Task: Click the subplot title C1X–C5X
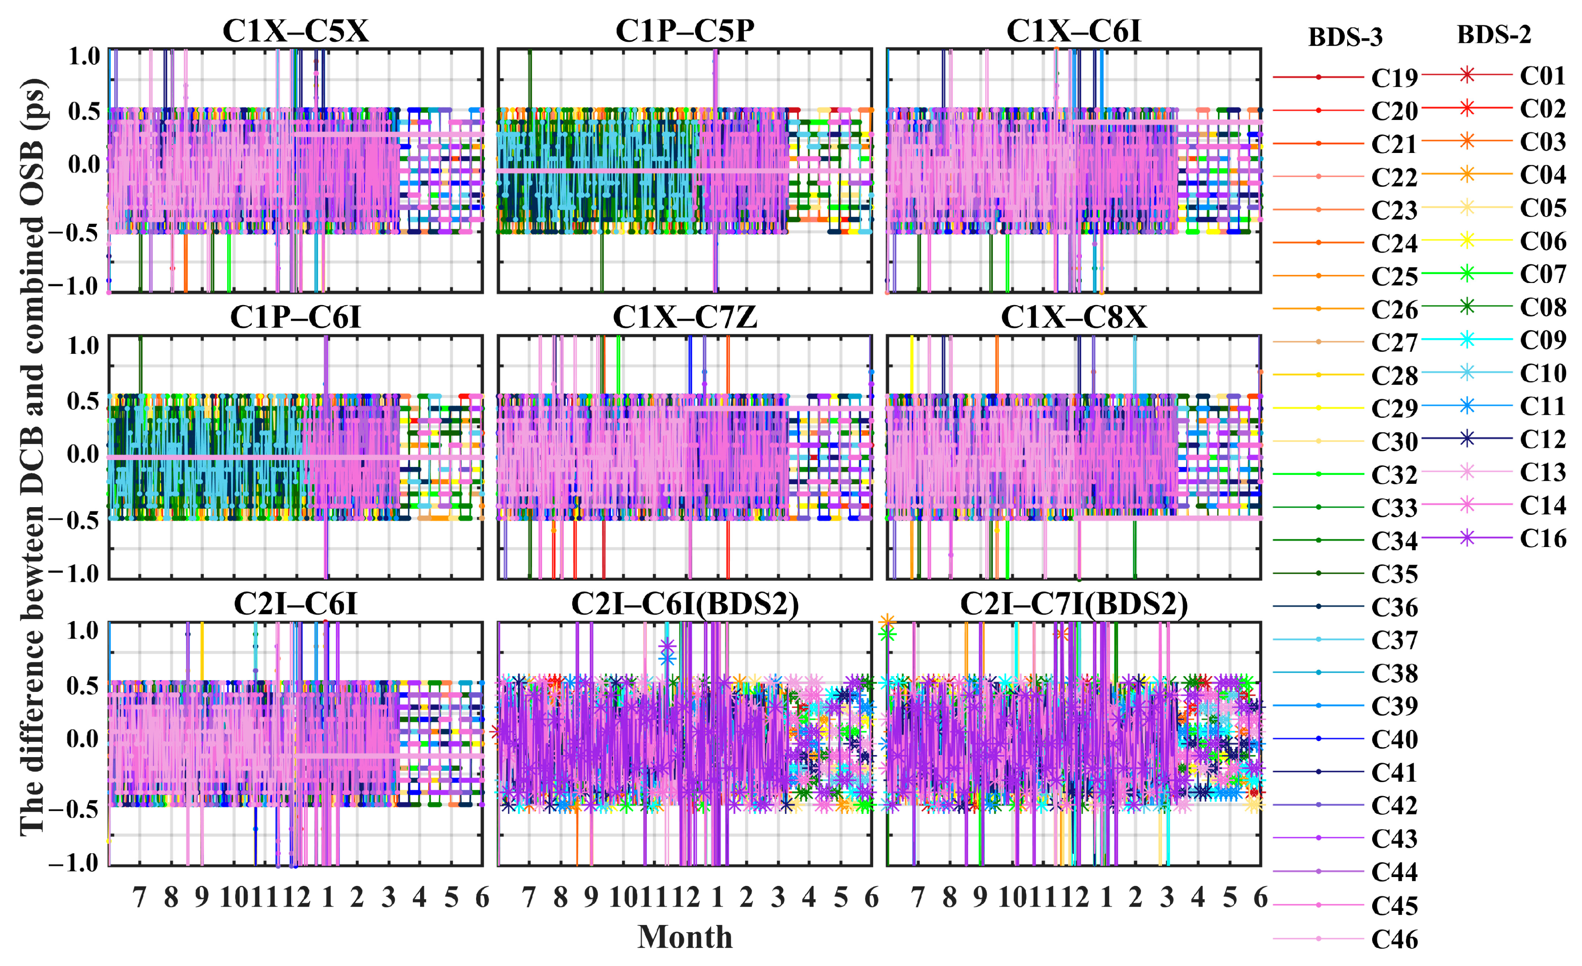pos(295,31)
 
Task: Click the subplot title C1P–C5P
pos(685,31)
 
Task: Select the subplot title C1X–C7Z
pos(685,317)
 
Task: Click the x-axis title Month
pos(685,937)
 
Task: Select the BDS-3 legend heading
pos(1345,37)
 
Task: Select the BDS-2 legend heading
pos(1493,35)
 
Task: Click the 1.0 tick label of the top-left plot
pos(85,56)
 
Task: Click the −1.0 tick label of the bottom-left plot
pos(75,863)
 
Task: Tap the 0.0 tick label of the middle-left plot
pos(84,455)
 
